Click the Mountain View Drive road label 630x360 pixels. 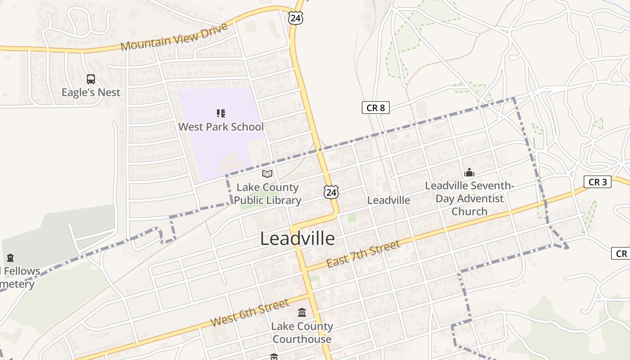[174, 37]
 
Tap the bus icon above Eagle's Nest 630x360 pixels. [91, 79]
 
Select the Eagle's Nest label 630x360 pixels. [91, 92]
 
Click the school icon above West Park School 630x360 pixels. [220, 113]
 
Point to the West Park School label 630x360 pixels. [221, 126]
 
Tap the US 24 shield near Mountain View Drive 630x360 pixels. [296, 18]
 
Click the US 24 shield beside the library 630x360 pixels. [331, 192]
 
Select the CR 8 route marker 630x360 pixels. [375, 108]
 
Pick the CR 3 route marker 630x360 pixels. [598, 182]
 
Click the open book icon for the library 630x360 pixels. [267, 174]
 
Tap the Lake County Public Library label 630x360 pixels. [267, 194]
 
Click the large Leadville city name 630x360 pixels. [297, 238]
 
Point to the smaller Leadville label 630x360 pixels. [389, 200]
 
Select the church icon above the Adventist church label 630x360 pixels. [469, 172]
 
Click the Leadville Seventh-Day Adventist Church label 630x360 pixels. [469, 198]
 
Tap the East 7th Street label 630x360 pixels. [363, 254]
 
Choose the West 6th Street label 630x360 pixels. [250, 313]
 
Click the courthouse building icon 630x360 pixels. [302, 312]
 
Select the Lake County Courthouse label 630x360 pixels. [302, 333]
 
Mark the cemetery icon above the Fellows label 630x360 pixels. [10, 258]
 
